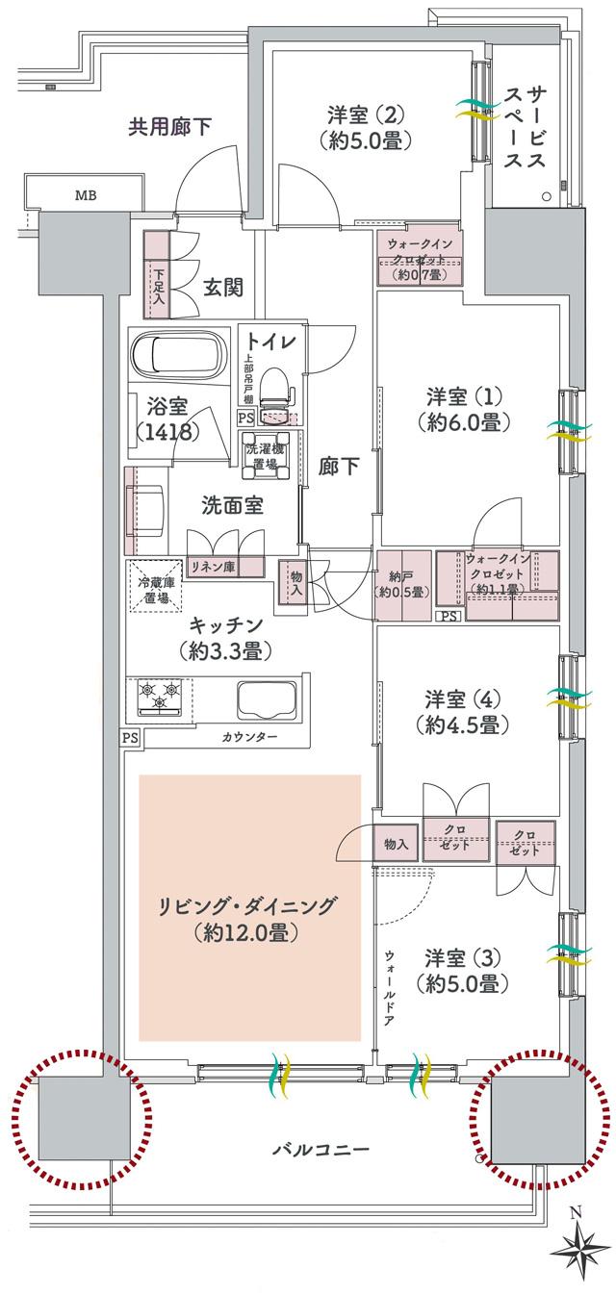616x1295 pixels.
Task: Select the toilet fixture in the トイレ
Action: [x=275, y=390]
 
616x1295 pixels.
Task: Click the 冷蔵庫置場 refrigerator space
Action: [x=154, y=583]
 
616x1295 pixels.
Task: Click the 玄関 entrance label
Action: [x=222, y=286]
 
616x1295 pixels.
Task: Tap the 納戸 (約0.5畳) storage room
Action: [x=401, y=583]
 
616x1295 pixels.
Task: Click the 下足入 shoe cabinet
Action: [x=157, y=277]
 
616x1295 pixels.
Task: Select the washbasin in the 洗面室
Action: [x=145, y=504]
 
